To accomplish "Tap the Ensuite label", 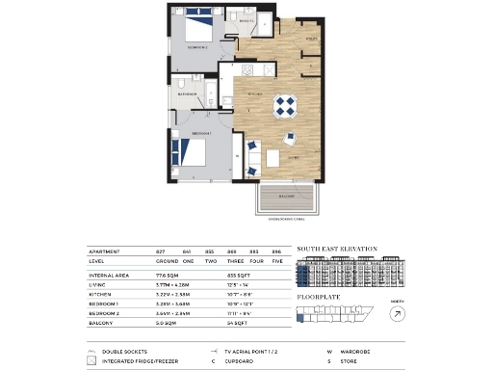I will [245, 20].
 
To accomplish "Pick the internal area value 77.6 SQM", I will [168, 274].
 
